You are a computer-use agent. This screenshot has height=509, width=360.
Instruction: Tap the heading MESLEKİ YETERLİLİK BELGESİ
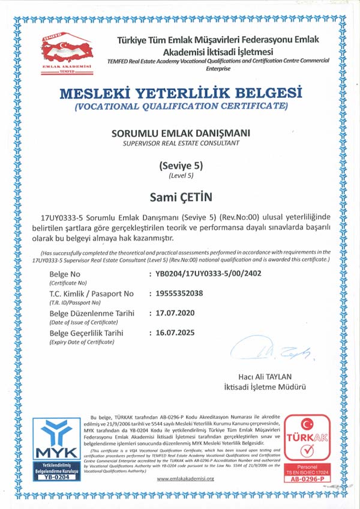point(180,94)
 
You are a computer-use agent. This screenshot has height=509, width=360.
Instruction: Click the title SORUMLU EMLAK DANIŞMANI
point(181,133)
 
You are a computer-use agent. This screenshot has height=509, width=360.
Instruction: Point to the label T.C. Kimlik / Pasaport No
point(91,294)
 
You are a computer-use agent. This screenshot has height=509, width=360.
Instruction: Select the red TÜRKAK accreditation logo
point(307,448)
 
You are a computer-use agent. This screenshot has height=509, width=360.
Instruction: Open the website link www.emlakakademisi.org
point(185,478)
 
